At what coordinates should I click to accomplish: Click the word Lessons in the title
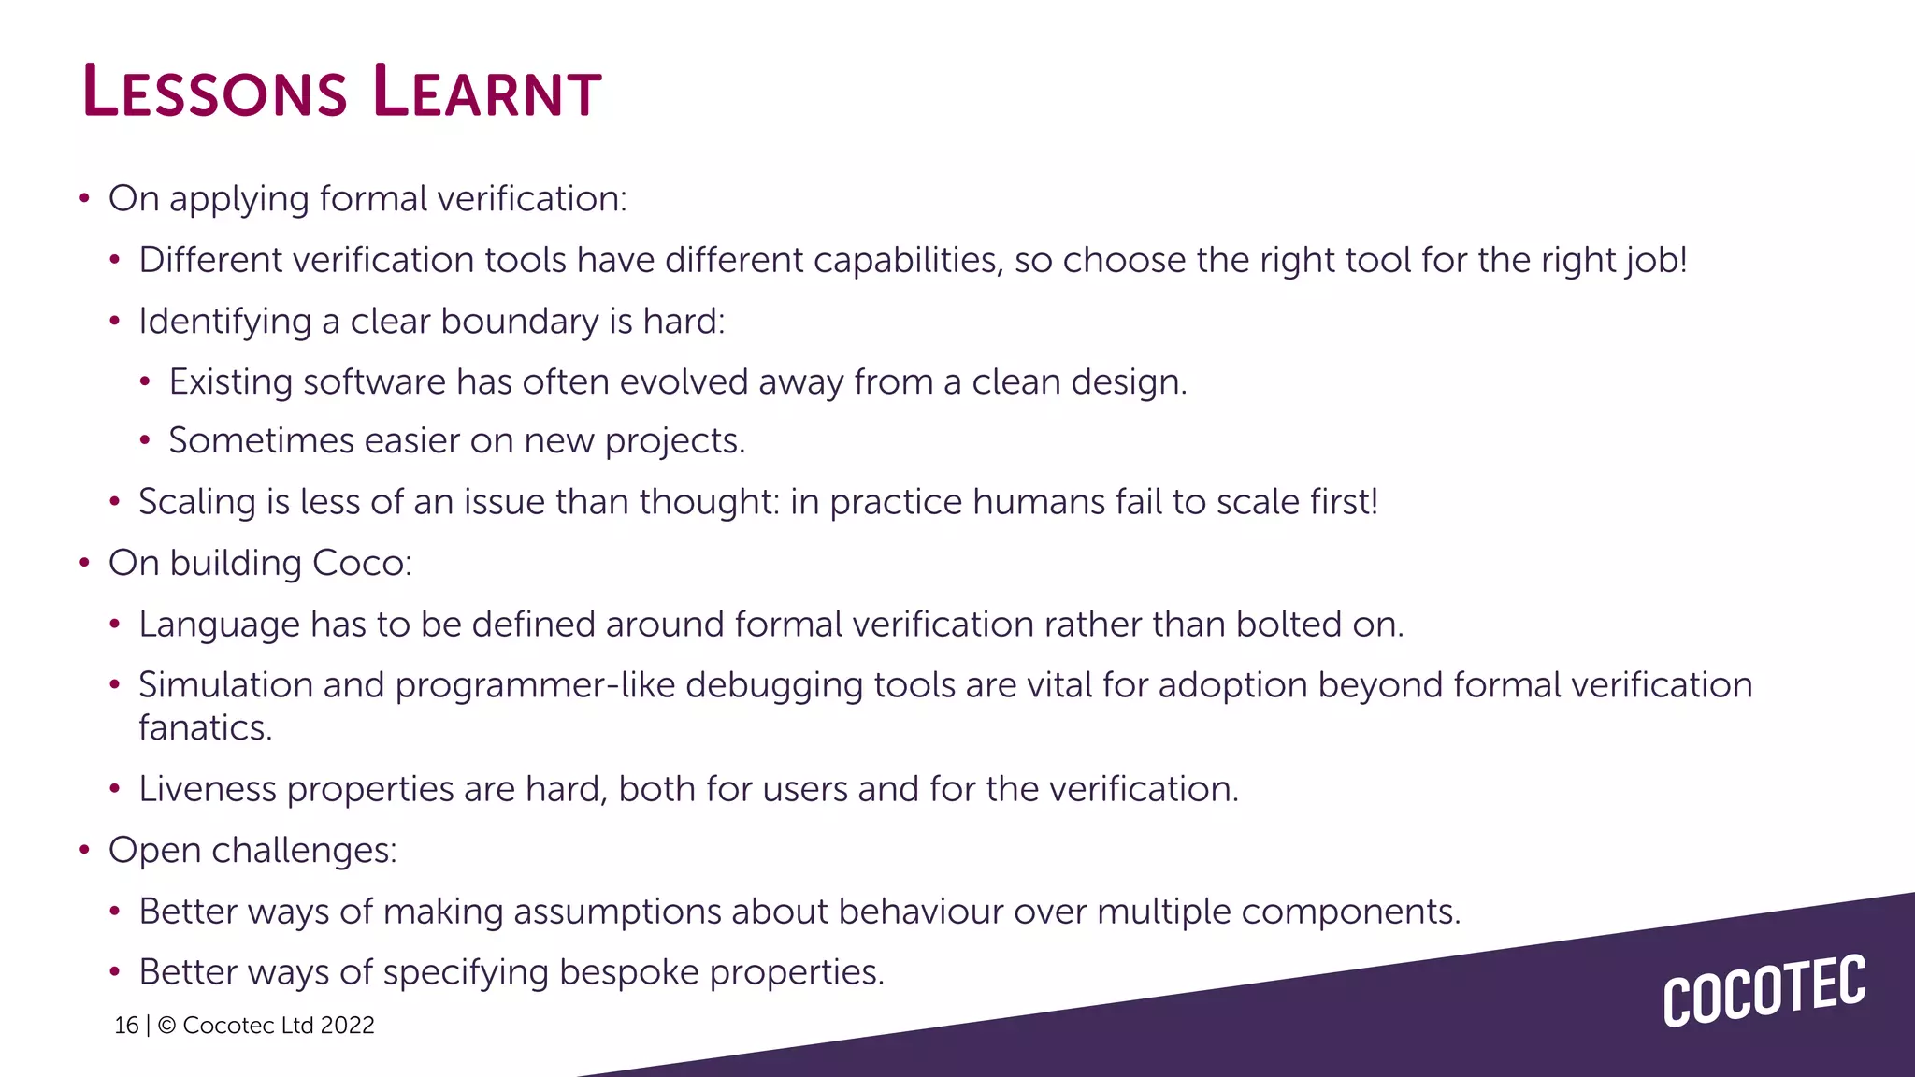[215, 92]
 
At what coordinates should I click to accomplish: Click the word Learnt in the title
[486, 92]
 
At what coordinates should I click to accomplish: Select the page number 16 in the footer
[126, 1026]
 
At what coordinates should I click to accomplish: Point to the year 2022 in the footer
[347, 1026]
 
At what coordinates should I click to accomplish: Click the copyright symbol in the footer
[167, 1026]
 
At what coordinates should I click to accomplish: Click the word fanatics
[205, 728]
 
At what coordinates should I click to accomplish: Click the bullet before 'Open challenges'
[85, 850]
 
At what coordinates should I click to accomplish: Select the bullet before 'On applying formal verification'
[85, 198]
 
